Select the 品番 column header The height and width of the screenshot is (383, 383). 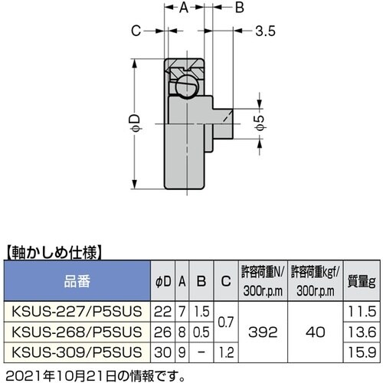[x=76, y=281]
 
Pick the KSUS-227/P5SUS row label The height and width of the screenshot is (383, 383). [x=75, y=313]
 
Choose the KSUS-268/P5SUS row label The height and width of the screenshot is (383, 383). [x=75, y=333]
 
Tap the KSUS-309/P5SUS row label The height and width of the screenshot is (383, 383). [x=75, y=353]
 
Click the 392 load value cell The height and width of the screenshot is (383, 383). [x=263, y=333]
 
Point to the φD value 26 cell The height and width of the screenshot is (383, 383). [x=162, y=333]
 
